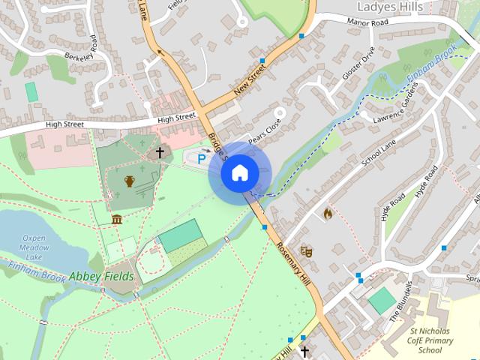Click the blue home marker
(238, 173)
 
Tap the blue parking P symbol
(201, 159)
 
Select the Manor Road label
(368, 22)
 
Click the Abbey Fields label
(101, 276)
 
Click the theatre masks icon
(306, 251)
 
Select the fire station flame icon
(328, 214)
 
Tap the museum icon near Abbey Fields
(117, 219)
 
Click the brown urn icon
(129, 181)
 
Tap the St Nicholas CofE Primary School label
(430, 340)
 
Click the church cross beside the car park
(159, 152)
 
